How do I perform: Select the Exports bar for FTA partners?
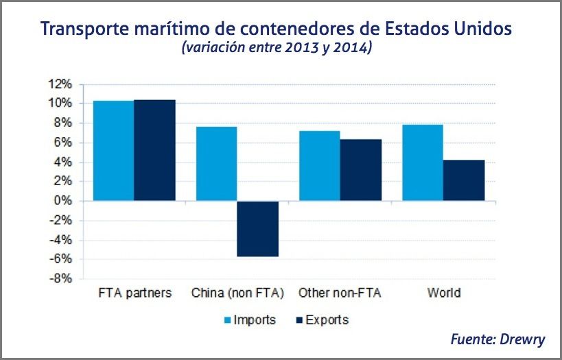click(x=155, y=150)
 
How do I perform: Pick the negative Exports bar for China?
click(x=258, y=228)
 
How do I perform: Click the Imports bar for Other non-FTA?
click(x=319, y=166)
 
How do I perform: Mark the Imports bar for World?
click(x=423, y=163)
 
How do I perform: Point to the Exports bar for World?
click(x=464, y=180)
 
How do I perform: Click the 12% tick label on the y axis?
click(x=60, y=84)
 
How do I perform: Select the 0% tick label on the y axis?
click(x=62, y=201)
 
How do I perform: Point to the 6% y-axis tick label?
click(x=62, y=143)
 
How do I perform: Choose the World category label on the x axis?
click(x=443, y=293)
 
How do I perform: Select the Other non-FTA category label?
click(x=340, y=293)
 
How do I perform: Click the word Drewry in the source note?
click(x=523, y=339)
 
